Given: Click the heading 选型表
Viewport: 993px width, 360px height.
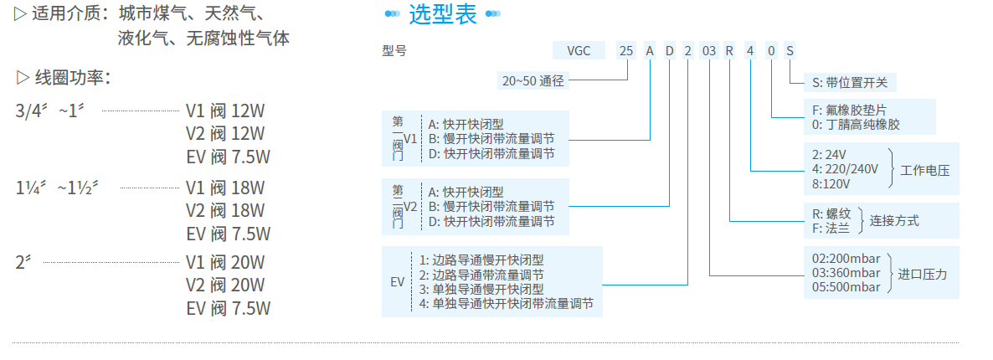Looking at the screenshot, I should (443, 14).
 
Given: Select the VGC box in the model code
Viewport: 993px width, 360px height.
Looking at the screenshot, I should (579, 50).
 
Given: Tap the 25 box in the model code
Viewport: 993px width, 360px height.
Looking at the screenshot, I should (626, 50).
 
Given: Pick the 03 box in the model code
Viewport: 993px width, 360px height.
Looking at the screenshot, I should (708, 50).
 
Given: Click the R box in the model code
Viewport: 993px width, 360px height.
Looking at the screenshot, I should (729, 50).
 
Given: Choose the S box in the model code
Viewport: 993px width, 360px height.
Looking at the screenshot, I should (790, 50).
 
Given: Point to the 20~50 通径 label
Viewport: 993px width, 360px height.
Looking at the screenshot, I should (533, 81).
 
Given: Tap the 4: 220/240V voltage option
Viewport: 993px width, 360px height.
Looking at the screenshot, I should (846, 169).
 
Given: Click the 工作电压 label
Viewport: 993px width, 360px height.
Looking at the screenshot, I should (925, 170).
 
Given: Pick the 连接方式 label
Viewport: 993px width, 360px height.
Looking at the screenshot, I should (894, 221).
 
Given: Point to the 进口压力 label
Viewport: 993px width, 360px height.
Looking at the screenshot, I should (923, 273).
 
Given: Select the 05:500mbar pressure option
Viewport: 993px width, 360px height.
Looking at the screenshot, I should (846, 287).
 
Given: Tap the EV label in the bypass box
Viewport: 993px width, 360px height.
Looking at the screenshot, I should (397, 281).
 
